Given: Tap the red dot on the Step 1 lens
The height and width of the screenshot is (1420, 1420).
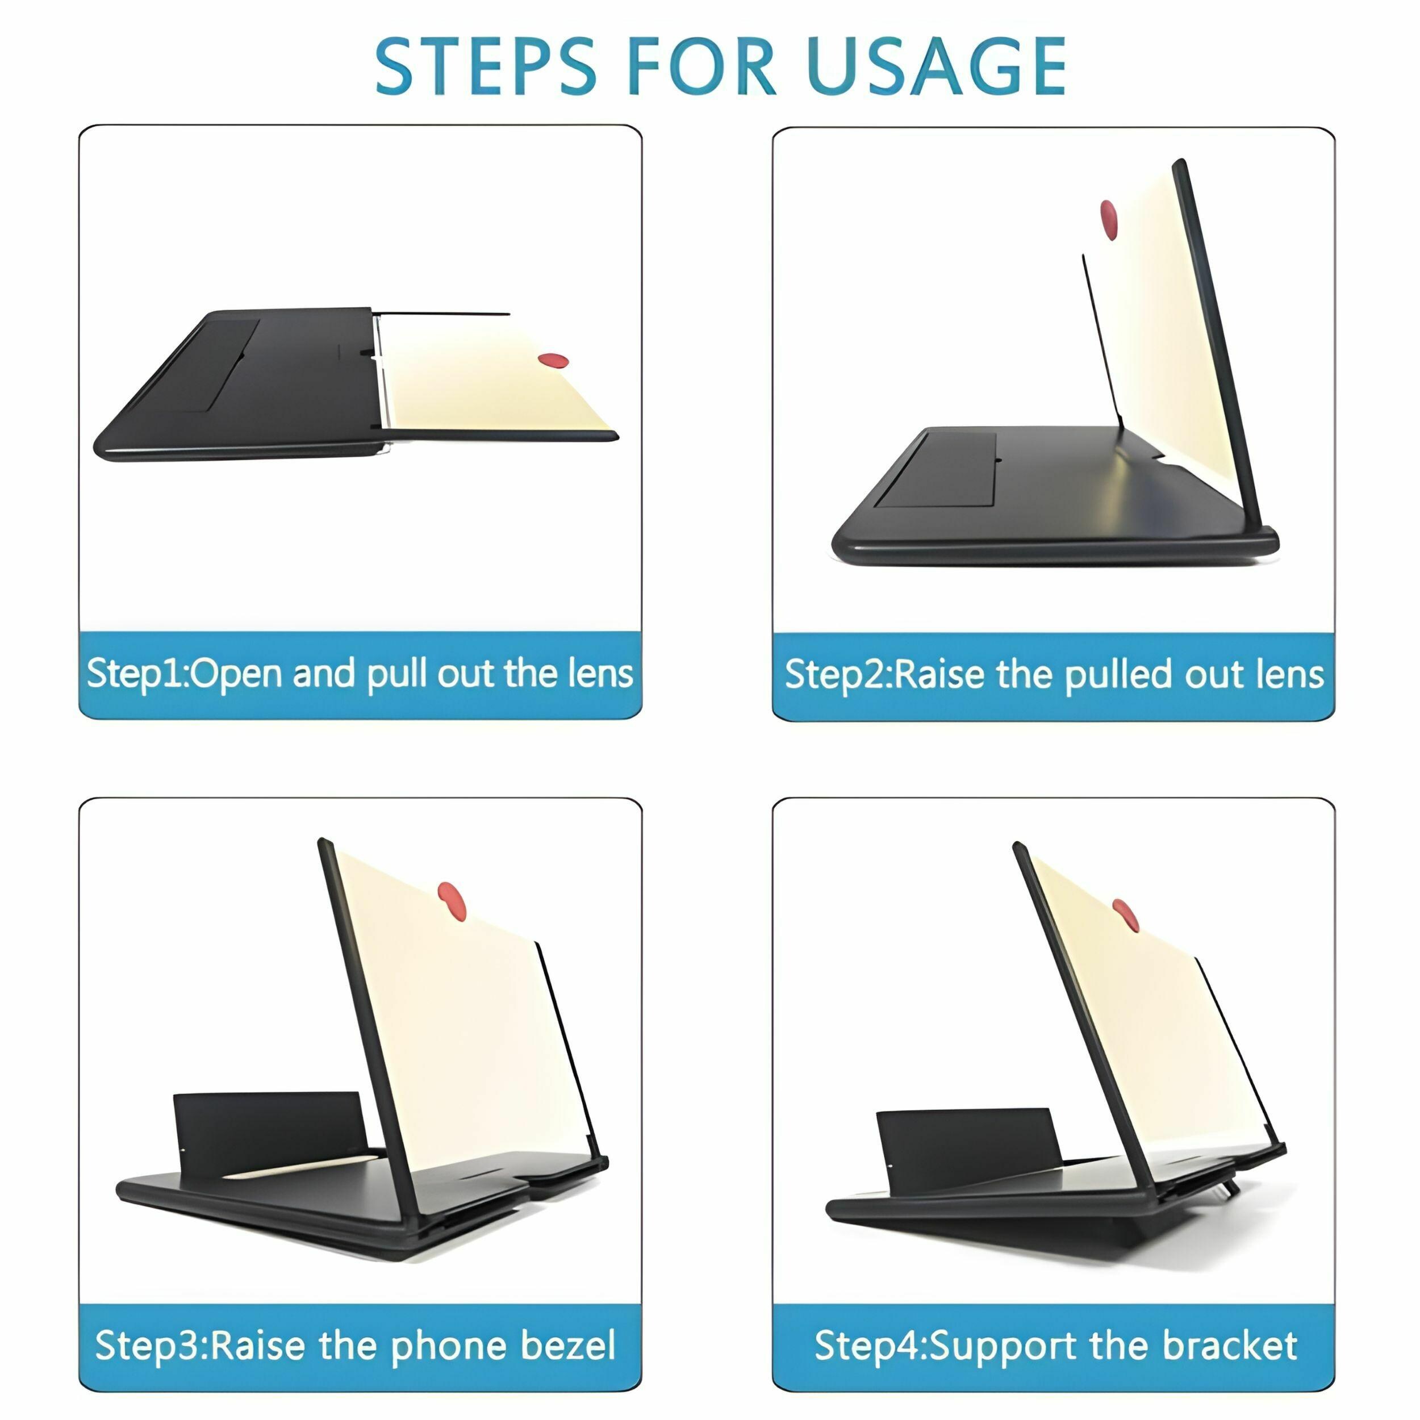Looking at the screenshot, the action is [x=553, y=360].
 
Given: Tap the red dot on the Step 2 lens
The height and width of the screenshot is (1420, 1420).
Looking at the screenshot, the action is [x=1109, y=219].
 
